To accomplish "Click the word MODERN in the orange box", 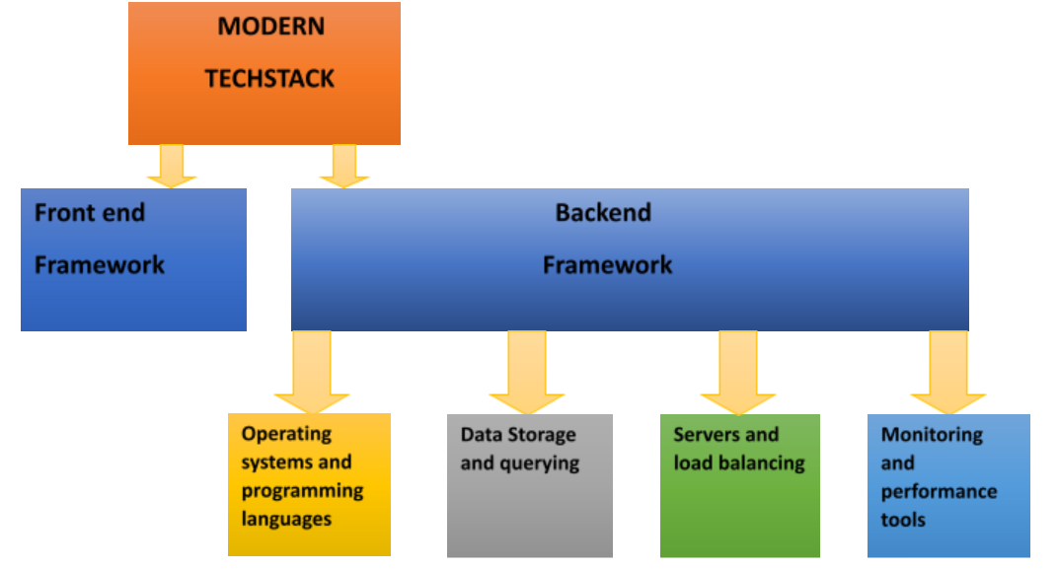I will tap(270, 27).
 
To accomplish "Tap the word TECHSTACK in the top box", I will tap(269, 79).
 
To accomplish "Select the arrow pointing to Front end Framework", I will tap(172, 166).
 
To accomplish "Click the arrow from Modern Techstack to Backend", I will tap(343, 166).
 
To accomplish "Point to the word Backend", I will tap(603, 212).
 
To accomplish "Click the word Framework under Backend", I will tap(608, 264).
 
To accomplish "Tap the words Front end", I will tap(90, 212).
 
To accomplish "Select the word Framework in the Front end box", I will tap(100, 264).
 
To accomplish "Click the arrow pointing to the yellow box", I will tap(311, 373).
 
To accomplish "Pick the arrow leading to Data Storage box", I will tap(526, 373).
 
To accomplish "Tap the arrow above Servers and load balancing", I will tap(737, 373).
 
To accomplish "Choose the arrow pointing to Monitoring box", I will tap(948, 373).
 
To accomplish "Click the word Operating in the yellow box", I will tap(286, 434).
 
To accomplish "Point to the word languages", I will tap(286, 518).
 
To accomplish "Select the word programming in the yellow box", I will tap(302, 490).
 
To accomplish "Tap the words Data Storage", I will tap(518, 435).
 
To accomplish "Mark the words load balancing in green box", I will tap(739, 463).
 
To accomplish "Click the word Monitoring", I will tap(932, 435).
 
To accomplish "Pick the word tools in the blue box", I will tap(903, 519).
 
